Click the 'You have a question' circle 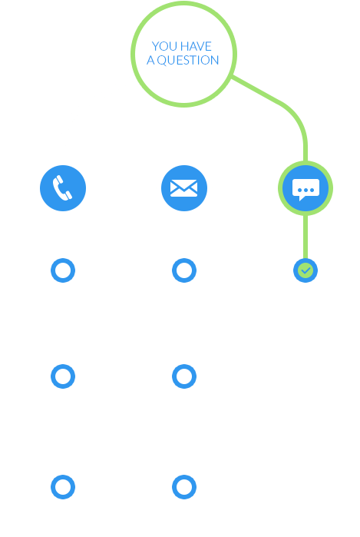click(x=184, y=51)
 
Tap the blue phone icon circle click(x=62, y=187)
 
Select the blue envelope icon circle click(x=183, y=187)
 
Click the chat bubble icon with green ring click(x=306, y=187)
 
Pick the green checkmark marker click(x=306, y=270)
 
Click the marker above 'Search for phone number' click(x=62, y=270)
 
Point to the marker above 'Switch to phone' click(x=62, y=376)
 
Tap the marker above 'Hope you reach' click(x=62, y=486)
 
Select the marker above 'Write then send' click(x=183, y=270)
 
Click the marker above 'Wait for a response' click(x=183, y=376)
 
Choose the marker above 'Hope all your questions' click(x=183, y=486)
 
